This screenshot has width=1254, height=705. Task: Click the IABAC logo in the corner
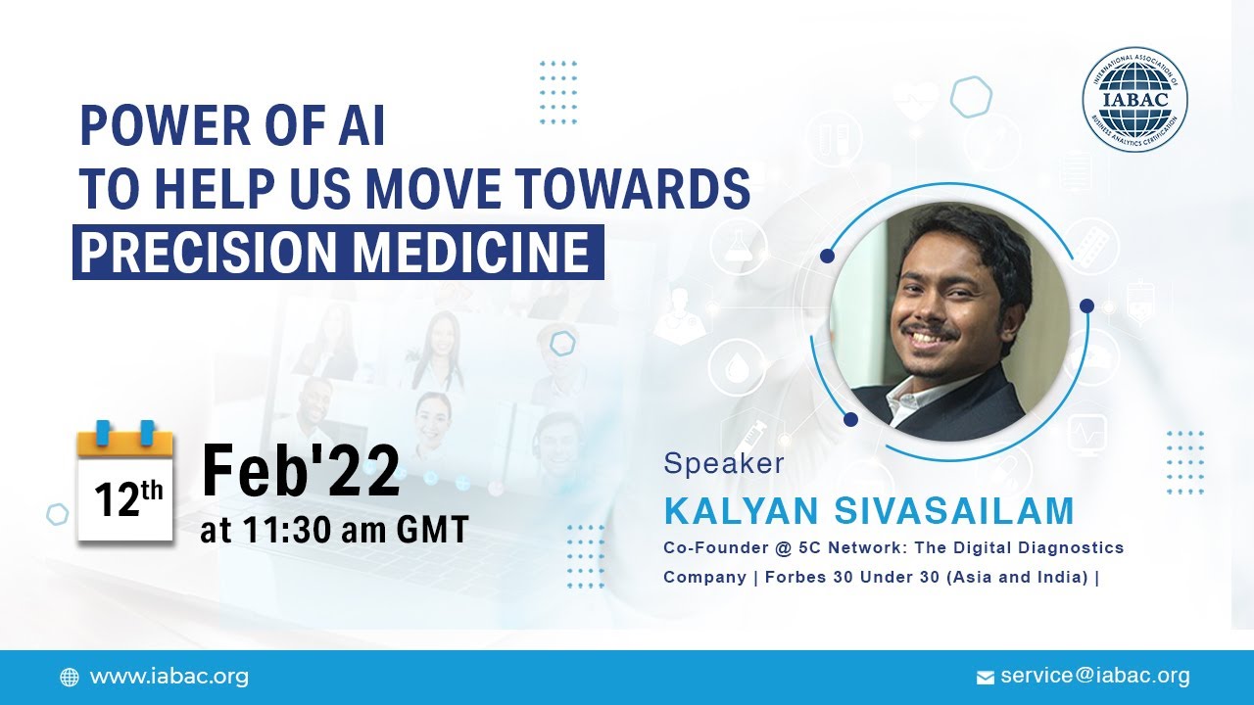point(1134,100)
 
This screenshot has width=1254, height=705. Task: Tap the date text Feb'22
point(301,471)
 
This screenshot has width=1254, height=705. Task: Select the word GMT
point(431,530)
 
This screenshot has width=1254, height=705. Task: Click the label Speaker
point(724,463)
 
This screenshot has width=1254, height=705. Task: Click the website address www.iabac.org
point(169,677)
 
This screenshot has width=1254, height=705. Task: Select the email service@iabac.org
point(1095,676)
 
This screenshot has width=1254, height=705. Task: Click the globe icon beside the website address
point(70,678)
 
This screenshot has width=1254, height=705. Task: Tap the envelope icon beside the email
point(986,678)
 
